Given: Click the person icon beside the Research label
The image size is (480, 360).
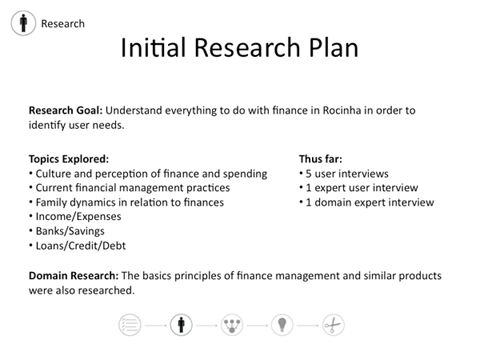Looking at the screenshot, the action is point(23,23).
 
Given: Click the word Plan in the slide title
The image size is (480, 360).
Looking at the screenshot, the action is point(334,48).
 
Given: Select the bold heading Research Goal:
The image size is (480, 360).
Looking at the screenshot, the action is point(66,110).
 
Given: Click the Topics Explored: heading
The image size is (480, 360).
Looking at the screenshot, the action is point(69,159).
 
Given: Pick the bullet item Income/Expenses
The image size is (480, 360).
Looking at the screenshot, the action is point(78,217).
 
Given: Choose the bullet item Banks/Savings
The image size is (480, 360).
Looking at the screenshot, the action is point(70,231).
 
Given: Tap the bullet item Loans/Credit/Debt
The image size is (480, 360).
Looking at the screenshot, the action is point(81,246).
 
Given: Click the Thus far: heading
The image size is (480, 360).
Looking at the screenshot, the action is point(321,159).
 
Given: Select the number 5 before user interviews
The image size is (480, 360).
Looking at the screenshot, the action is point(309,174).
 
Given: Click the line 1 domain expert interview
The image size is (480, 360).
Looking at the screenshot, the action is point(370,202).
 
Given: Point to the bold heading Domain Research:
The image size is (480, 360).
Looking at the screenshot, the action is point(74,275).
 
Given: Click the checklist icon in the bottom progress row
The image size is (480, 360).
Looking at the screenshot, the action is point(130,325).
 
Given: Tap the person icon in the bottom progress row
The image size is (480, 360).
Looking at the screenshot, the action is point(182,325).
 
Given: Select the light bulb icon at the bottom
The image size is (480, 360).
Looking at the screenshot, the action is point(282,325).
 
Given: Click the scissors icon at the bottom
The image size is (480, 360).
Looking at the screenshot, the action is point(334,325).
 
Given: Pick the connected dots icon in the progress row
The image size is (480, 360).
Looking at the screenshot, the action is point(232,325).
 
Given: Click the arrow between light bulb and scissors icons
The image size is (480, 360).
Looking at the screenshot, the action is point(308,326).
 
